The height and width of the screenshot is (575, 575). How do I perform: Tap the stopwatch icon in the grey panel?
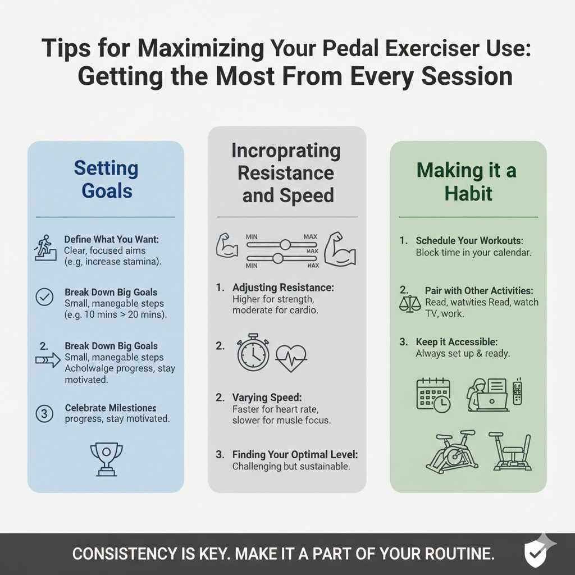253,353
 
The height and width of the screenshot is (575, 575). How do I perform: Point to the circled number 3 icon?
44,414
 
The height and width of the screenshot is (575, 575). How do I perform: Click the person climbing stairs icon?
44,248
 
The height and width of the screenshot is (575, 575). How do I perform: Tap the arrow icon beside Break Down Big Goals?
47,360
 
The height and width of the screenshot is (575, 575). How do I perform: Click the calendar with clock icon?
433,394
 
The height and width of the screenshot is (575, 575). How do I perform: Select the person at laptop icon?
487,394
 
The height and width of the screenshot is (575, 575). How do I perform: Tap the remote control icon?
517,393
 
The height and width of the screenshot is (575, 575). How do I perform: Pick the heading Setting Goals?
106,179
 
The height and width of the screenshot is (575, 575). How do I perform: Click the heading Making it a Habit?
468,182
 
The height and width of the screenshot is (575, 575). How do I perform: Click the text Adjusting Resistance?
283,287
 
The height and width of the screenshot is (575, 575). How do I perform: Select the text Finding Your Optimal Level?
295,454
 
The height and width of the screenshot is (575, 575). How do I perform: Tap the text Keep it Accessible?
457,342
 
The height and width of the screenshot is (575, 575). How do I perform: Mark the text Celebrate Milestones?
111,408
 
